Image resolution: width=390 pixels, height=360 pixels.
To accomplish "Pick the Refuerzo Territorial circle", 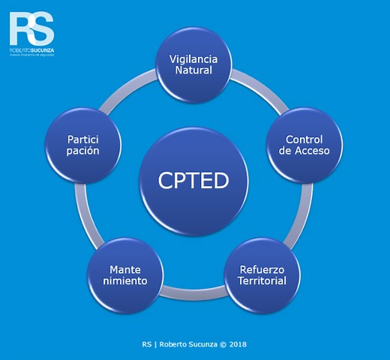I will (x=262, y=274).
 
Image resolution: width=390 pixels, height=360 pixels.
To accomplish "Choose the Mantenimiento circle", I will (x=124, y=274).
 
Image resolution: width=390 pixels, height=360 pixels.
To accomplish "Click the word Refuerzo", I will (x=262, y=268).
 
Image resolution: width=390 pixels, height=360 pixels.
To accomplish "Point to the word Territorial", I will (x=262, y=280).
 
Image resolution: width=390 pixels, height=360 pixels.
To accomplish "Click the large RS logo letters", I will (x=31, y=28).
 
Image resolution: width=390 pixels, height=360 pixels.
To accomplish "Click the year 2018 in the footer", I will (x=237, y=344).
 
